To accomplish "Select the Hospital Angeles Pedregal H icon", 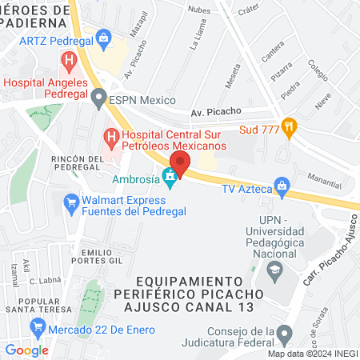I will point(70,59).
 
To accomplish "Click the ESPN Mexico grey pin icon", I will point(98,100).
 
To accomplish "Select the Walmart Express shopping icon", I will point(70,205).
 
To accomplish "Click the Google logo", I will point(26,350).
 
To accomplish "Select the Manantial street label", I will point(328,182).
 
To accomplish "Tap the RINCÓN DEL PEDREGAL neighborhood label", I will point(77,164).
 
